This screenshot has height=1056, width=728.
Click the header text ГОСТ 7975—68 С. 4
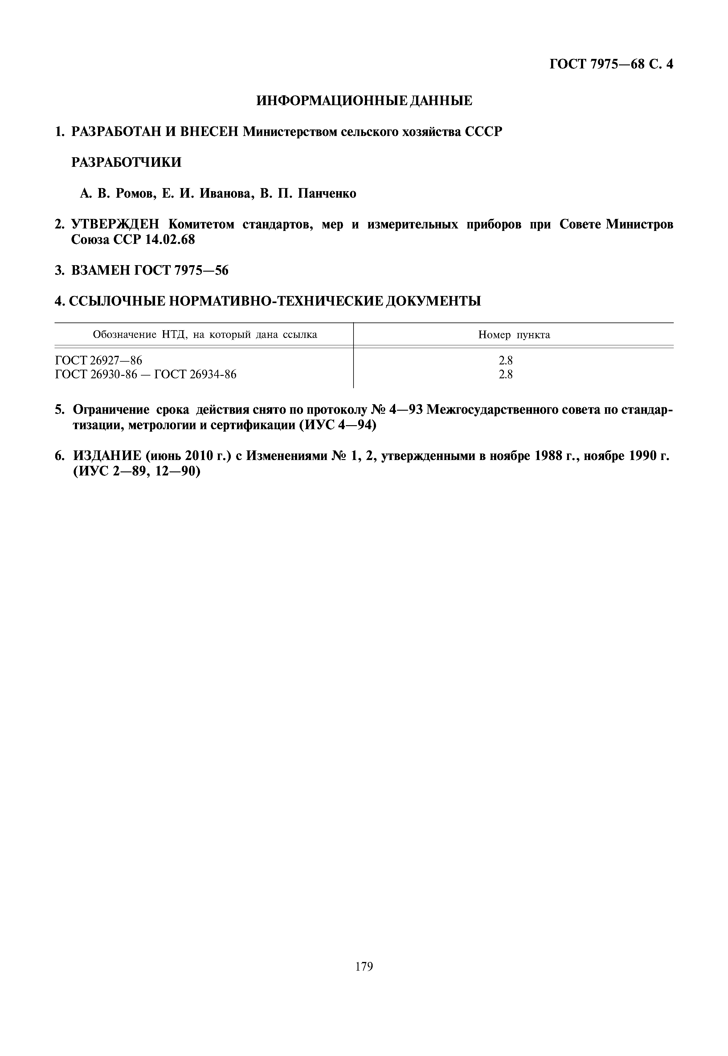coord(611,64)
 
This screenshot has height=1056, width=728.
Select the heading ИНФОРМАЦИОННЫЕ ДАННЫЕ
coord(364,101)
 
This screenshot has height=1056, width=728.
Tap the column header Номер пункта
coord(514,335)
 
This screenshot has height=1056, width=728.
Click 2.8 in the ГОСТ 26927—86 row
coord(505,361)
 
